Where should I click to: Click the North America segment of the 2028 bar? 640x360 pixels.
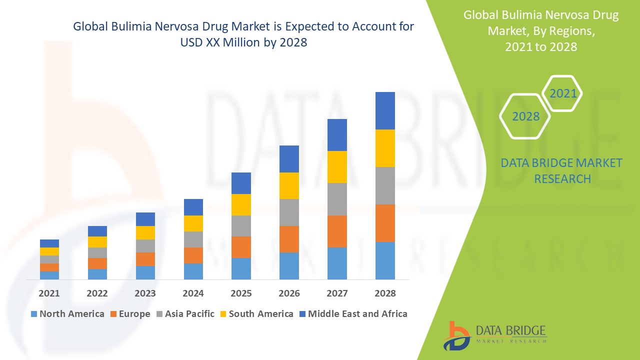click(385, 260)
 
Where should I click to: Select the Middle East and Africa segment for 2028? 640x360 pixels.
click(385, 110)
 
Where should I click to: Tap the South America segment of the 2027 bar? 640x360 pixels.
click(337, 167)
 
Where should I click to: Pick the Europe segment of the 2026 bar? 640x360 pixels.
click(289, 239)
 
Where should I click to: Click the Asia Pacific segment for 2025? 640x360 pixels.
click(241, 226)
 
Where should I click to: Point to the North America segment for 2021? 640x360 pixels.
click(49, 275)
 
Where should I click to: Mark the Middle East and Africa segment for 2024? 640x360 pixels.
click(193, 207)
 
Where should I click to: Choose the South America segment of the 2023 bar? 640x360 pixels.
click(145, 232)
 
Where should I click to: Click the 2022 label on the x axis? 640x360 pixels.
click(97, 293)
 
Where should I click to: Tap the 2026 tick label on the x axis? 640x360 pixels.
click(289, 293)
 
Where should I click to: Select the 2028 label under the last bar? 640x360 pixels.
click(385, 293)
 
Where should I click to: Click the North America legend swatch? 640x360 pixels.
click(34, 314)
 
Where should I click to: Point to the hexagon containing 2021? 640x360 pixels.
click(562, 93)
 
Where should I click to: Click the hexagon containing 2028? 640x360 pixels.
click(525, 116)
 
